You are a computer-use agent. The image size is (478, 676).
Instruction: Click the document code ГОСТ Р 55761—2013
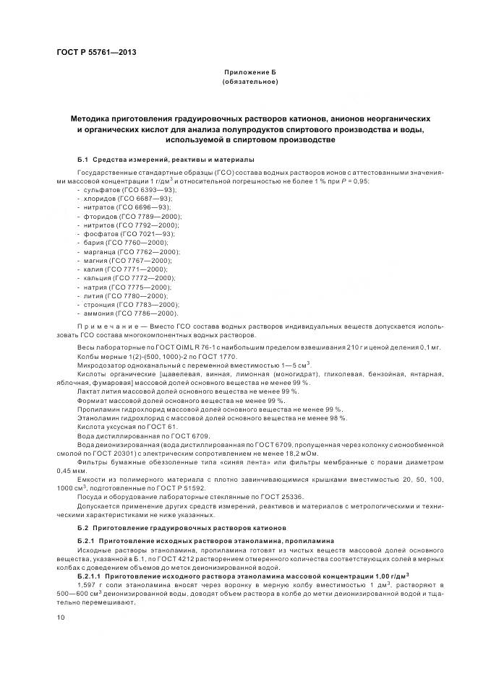click(x=95, y=53)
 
